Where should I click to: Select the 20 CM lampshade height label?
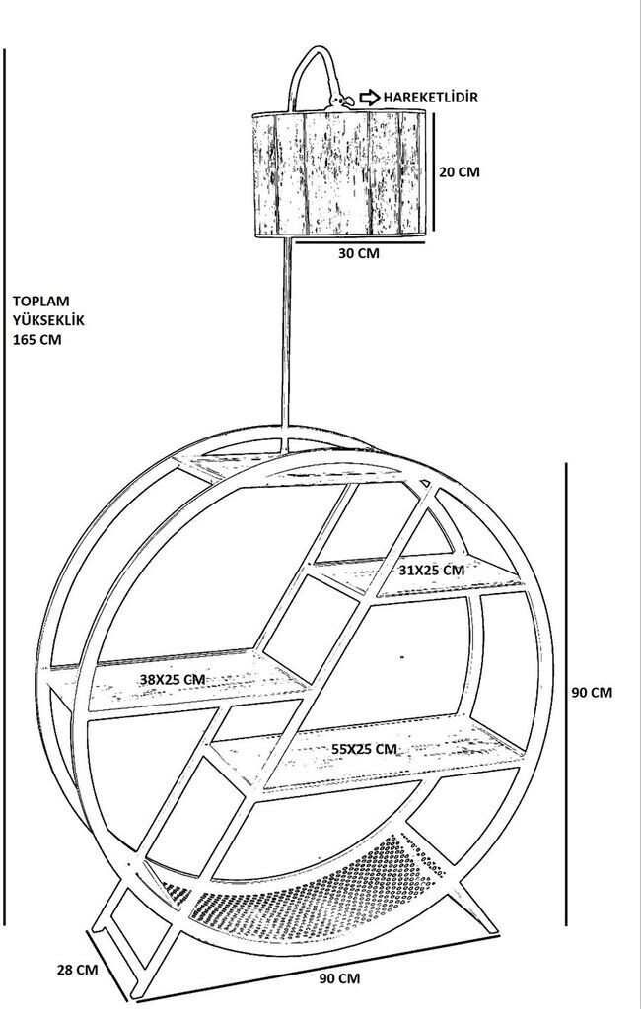click(x=459, y=171)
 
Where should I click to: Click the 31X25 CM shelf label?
click(x=432, y=570)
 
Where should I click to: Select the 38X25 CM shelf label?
click(x=172, y=679)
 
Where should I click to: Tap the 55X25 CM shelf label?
click(x=364, y=749)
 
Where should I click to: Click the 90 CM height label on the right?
click(x=592, y=692)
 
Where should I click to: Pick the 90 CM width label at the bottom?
click(x=339, y=978)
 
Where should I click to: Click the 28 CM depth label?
click(x=77, y=969)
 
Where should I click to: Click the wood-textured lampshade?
click(x=340, y=173)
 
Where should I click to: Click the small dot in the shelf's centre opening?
click(x=402, y=654)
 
